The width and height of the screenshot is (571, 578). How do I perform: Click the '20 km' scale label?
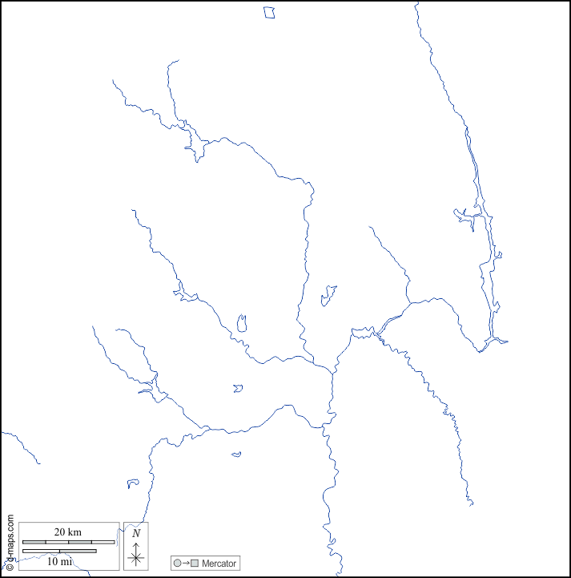[x=68, y=532]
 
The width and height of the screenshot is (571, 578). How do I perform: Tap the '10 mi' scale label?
[x=59, y=561]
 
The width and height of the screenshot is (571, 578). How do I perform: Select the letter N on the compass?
[x=136, y=533]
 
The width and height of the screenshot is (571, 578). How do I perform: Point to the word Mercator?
[x=219, y=564]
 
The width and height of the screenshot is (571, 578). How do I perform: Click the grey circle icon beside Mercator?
[x=177, y=564]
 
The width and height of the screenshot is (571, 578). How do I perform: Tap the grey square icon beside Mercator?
[x=195, y=564]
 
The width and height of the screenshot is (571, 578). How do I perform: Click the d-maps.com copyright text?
[x=10, y=537]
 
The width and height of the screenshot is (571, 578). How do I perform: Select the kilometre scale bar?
[x=68, y=542]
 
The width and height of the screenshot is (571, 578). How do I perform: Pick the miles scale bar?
[x=59, y=551]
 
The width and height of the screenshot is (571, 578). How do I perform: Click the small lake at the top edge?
[x=269, y=12]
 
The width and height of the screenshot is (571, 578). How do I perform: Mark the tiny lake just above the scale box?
[x=133, y=484]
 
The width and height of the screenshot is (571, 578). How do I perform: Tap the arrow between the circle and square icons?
[x=186, y=564]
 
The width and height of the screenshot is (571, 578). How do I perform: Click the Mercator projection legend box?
[x=205, y=564]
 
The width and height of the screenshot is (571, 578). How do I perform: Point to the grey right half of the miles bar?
[x=78, y=551]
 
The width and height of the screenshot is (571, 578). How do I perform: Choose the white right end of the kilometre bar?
[x=103, y=542]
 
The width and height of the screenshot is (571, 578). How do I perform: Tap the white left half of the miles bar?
[x=41, y=551]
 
